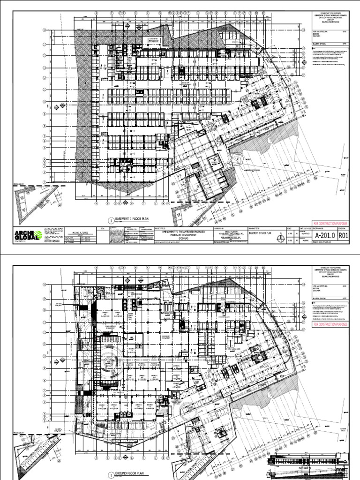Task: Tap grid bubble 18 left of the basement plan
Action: (45, 30)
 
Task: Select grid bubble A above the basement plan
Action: (96, 14)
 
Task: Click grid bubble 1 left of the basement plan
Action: (45, 182)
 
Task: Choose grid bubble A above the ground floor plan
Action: (96, 269)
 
